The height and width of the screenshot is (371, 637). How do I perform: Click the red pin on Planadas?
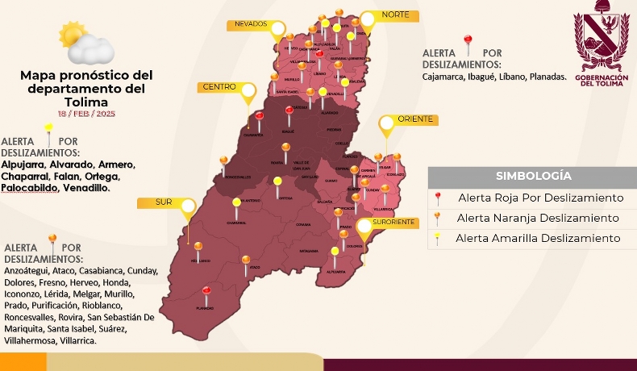pyautogui.click(x=206, y=291)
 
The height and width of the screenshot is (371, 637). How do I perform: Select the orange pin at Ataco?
pyautogui.click(x=247, y=260)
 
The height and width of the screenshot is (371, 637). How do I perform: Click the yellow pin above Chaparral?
pyautogui.click(x=236, y=203)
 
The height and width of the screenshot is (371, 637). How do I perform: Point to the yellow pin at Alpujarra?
pyautogui.click(x=335, y=252)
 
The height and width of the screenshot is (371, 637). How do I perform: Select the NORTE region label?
pyautogui.click(x=394, y=15)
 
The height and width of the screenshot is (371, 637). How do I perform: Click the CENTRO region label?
pyautogui.click(x=219, y=86)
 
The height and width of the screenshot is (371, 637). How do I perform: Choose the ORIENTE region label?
pyautogui.click(x=415, y=119)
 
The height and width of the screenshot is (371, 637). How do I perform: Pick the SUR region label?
pyautogui.click(x=164, y=202)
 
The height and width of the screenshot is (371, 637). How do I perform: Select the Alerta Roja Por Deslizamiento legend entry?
pyautogui.click(x=539, y=198)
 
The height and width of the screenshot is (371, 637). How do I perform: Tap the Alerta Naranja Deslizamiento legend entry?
pyautogui.click(x=537, y=218)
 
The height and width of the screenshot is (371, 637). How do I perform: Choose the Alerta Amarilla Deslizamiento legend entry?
pyautogui.click(x=538, y=238)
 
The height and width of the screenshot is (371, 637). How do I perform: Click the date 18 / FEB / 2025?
pyautogui.click(x=86, y=114)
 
